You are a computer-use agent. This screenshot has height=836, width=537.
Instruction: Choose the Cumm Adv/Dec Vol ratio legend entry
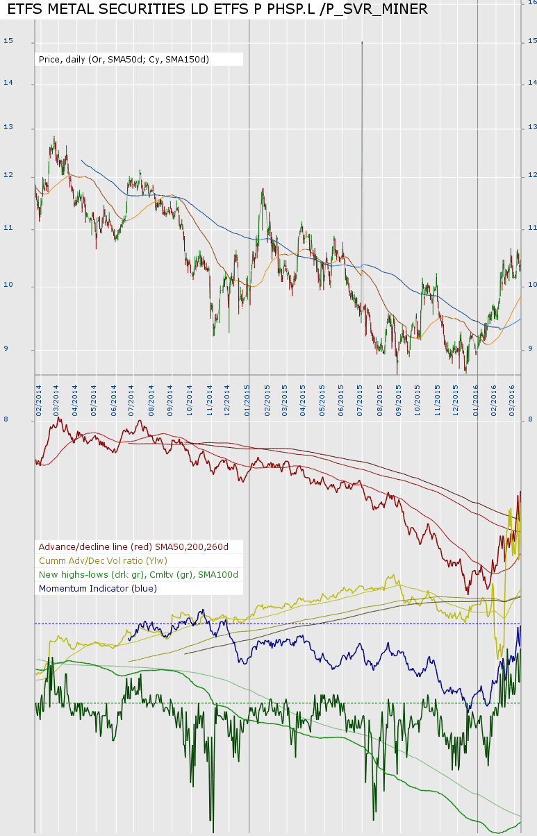pyautogui.click(x=104, y=560)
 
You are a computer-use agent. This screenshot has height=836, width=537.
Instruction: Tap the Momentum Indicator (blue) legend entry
pyautogui.click(x=98, y=588)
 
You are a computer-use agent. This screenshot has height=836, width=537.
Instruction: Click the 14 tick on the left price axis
pyautogui.click(x=8, y=83)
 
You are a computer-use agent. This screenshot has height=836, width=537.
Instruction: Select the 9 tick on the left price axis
pyautogui.click(x=6, y=349)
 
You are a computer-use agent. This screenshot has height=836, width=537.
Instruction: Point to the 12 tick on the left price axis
pyautogui.click(x=8, y=176)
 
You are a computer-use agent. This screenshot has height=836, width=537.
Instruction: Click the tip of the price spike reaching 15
pyautogui.click(x=362, y=42)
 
